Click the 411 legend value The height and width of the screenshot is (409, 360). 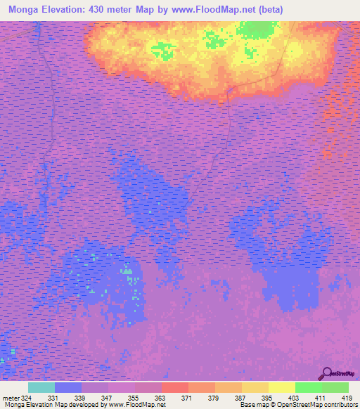[x=321, y=398]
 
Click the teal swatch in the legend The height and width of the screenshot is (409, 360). [x=41, y=387]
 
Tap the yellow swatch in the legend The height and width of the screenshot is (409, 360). [x=282, y=387]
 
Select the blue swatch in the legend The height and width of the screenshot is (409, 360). [x=68, y=387]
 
